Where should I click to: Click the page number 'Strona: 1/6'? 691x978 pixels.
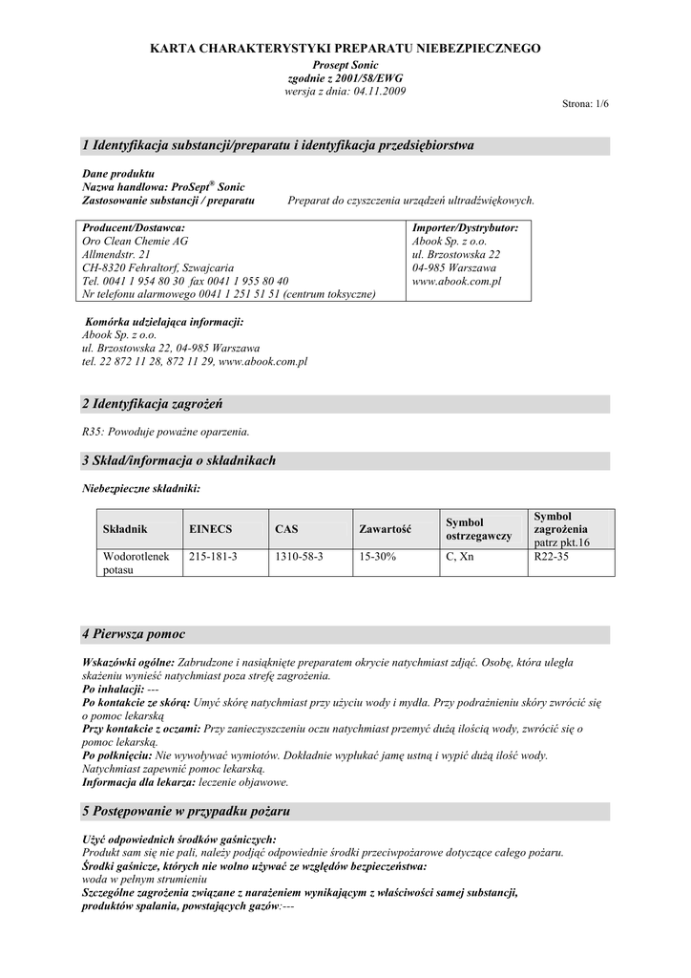point(585,103)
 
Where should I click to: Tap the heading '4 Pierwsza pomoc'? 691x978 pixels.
point(134,634)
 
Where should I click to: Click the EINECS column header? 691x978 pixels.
point(211,528)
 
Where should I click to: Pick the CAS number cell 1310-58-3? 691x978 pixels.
point(299,556)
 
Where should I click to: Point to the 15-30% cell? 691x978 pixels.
point(375,556)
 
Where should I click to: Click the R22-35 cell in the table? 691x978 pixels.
point(552,556)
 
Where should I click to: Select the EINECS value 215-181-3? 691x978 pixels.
point(213,556)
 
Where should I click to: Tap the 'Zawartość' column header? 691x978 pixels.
point(385,528)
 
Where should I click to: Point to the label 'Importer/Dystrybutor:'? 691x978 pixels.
point(465,228)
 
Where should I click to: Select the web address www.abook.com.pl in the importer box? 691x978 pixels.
point(456,282)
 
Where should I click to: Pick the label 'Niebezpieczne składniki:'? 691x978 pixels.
point(141,488)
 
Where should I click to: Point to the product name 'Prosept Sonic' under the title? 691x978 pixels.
point(345,64)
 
